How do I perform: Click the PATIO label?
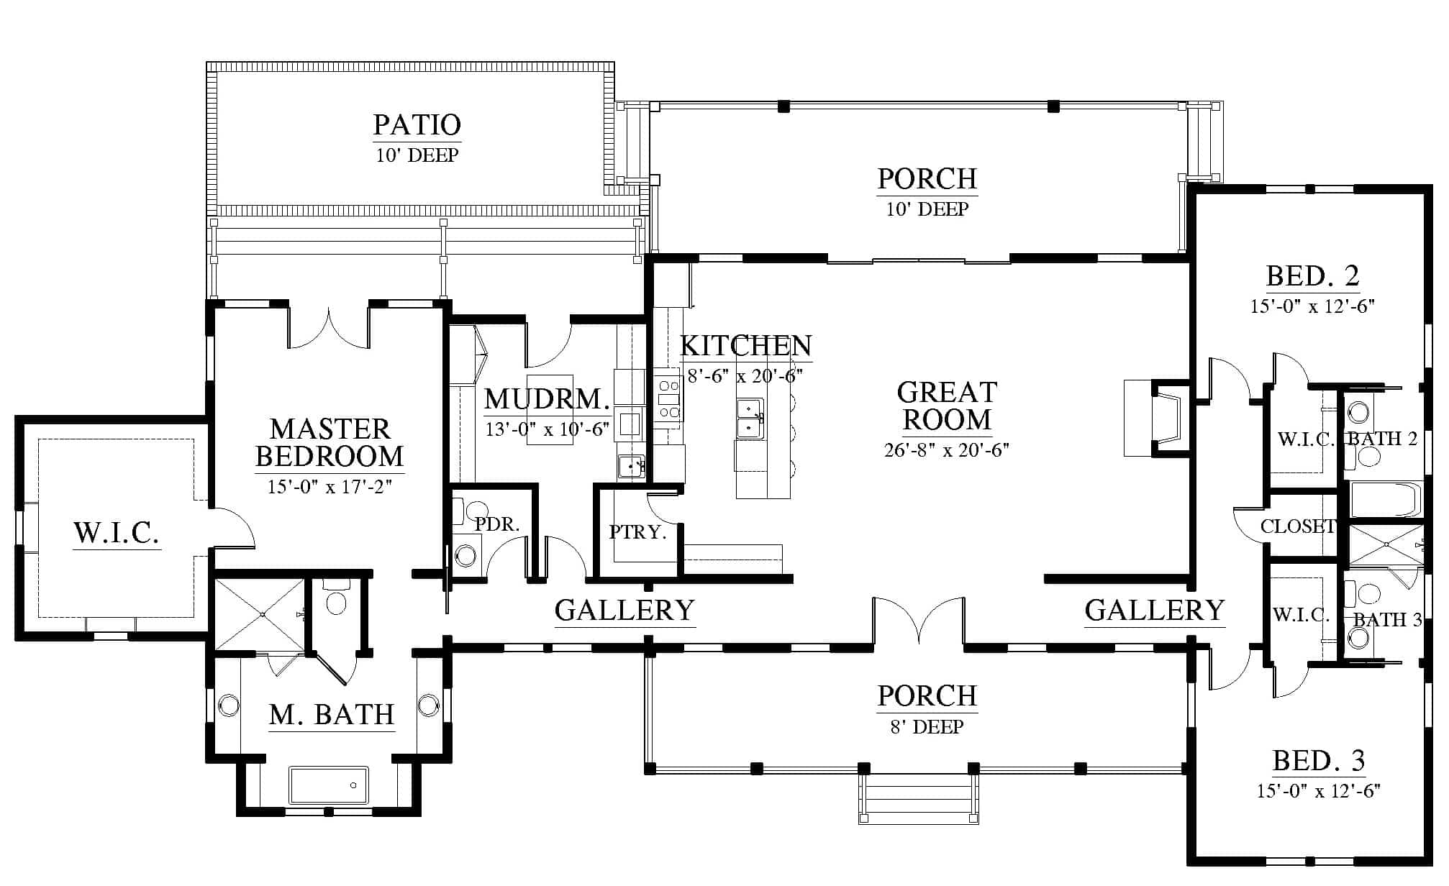417,124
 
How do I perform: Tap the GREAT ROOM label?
947,406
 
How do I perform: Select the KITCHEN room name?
746,346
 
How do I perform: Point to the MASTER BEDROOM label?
330,442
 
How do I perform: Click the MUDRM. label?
548,398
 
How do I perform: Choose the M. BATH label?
332,715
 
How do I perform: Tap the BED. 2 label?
1313,275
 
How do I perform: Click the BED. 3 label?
1319,760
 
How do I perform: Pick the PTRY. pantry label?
637,532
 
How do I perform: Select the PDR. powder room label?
497,524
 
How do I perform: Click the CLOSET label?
1297,526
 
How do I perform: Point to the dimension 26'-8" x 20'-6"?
947,450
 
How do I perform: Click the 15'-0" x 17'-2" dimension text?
330,487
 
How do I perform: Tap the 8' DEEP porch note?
927,727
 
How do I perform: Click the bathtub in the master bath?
329,785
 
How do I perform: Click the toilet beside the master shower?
336,597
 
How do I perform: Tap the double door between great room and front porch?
919,618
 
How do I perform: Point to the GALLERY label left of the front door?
624,611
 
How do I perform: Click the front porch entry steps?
919,799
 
